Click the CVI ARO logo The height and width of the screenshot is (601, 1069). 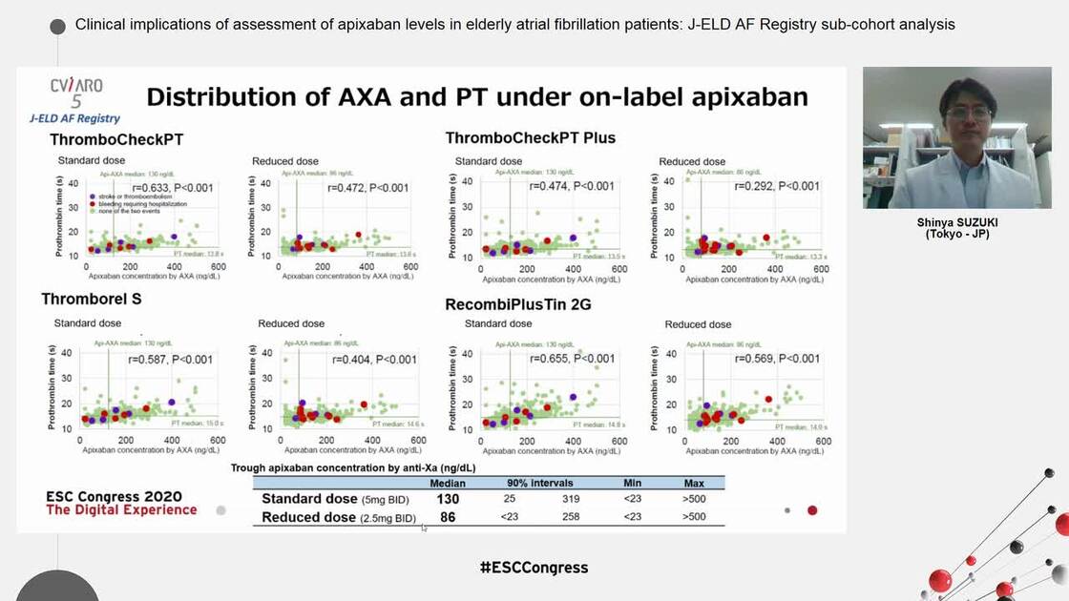(x=76, y=93)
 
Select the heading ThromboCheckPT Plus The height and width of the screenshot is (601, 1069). (x=531, y=138)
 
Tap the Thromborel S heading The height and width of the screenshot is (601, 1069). (x=91, y=300)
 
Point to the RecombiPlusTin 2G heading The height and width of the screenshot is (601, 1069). (x=519, y=305)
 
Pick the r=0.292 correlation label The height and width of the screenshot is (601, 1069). (x=776, y=187)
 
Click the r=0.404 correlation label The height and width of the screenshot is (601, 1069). (x=374, y=360)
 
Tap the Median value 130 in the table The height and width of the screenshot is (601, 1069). (x=448, y=499)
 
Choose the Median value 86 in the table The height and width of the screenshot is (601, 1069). (x=448, y=517)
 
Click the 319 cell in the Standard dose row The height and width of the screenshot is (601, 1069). (x=571, y=499)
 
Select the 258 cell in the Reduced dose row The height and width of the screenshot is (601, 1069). (x=571, y=517)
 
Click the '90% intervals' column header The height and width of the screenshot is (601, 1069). (x=539, y=483)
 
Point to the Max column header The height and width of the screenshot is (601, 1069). (x=694, y=483)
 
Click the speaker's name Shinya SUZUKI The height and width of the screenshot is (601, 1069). (x=956, y=222)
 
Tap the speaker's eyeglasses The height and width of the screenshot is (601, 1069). (x=967, y=113)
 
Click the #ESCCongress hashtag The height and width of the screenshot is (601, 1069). (x=534, y=568)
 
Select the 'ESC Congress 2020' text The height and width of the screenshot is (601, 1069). (x=114, y=496)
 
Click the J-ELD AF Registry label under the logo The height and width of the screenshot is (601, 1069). (x=74, y=118)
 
